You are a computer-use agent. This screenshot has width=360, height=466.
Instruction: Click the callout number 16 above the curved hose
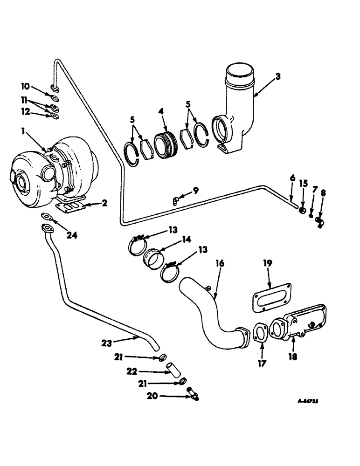pos(219,264)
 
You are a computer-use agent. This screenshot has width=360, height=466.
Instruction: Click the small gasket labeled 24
pos(47,216)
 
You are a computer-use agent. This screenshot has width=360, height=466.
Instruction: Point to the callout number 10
pos(25,87)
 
